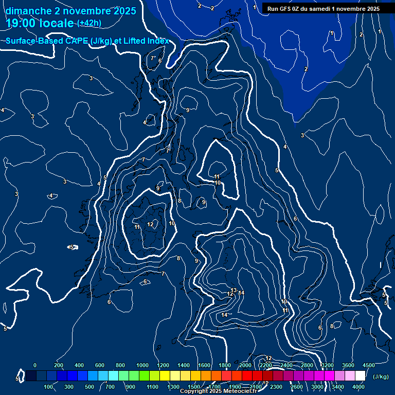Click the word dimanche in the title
(28, 11)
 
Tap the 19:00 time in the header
(20, 23)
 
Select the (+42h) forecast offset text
(89, 23)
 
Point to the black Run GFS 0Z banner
(323, 8)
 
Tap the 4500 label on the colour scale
(369, 365)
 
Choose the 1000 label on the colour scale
(142, 365)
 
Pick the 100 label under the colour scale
(49, 387)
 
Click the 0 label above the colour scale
(35, 365)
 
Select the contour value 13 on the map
(234, 291)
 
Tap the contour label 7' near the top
(153, 58)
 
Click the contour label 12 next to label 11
(150, 225)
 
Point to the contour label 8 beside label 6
(332, 326)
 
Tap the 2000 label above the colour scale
(245, 365)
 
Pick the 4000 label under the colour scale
(358, 387)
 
